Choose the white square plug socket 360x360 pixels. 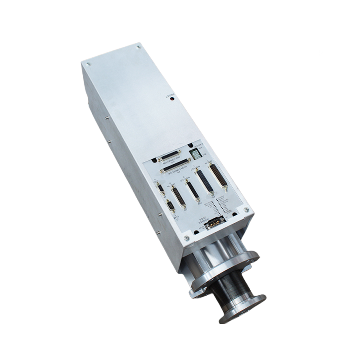[x=196, y=154]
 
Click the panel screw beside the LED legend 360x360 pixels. [x=246, y=209]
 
